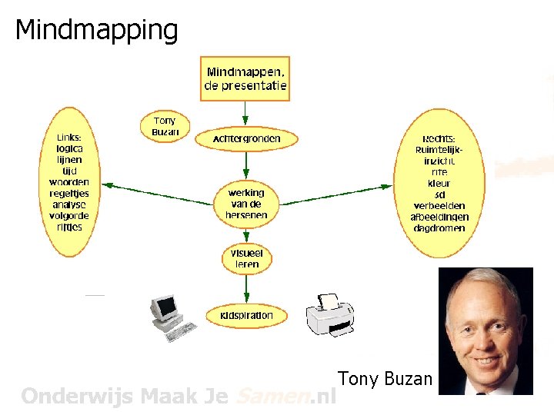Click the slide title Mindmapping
(96, 30)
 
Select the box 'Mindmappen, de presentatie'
(245, 78)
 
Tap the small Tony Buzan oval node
(165, 126)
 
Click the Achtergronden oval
(245, 139)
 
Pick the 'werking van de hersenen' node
(246, 204)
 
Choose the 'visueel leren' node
(246, 258)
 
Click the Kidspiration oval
(246, 315)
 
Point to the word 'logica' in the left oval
(69, 149)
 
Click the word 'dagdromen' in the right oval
(439, 228)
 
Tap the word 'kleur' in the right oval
(439, 184)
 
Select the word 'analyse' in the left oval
(69, 205)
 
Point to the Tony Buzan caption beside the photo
(385, 378)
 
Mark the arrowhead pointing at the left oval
(108, 185)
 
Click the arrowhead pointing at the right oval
(386, 185)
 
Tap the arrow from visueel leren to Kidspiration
(246, 287)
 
